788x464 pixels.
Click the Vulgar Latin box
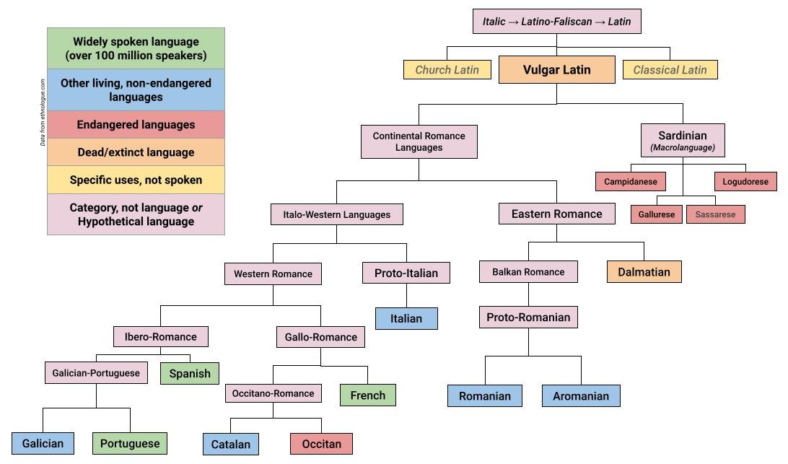556,70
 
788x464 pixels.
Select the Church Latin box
447,70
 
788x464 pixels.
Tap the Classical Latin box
670,70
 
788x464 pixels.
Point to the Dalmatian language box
644,272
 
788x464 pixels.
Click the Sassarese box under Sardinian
715,214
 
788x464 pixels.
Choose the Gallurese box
656,214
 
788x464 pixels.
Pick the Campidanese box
631,182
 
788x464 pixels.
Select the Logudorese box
745,182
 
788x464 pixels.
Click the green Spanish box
190,373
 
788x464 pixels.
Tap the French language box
367,395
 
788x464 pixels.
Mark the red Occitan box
321,443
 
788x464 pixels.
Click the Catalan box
230,444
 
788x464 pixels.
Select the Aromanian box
581,395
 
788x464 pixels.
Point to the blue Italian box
406,318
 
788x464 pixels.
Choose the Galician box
43,443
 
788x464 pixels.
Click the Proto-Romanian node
528,318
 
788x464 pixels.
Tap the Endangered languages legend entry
136,125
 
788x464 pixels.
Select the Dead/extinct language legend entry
136,152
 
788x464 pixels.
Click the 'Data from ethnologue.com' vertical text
43,112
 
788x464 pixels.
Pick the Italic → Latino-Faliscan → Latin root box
556,22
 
